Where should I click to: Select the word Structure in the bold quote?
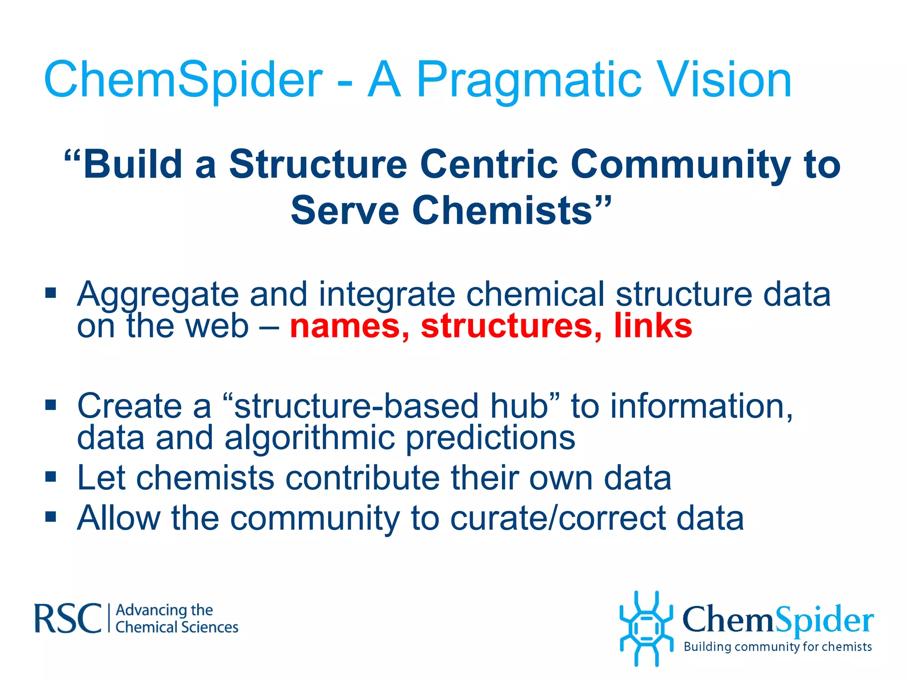coord(317,165)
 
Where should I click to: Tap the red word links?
coord(653,325)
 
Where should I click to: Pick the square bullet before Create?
coord(51,405)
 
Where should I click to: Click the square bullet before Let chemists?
coord(51,477)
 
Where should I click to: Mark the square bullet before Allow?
coord(51,517)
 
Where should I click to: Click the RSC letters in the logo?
coord(68,618)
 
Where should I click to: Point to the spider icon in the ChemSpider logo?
coord(646,628)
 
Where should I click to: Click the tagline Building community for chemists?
coord(777,647)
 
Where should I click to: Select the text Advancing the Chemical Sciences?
coord(176,619)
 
